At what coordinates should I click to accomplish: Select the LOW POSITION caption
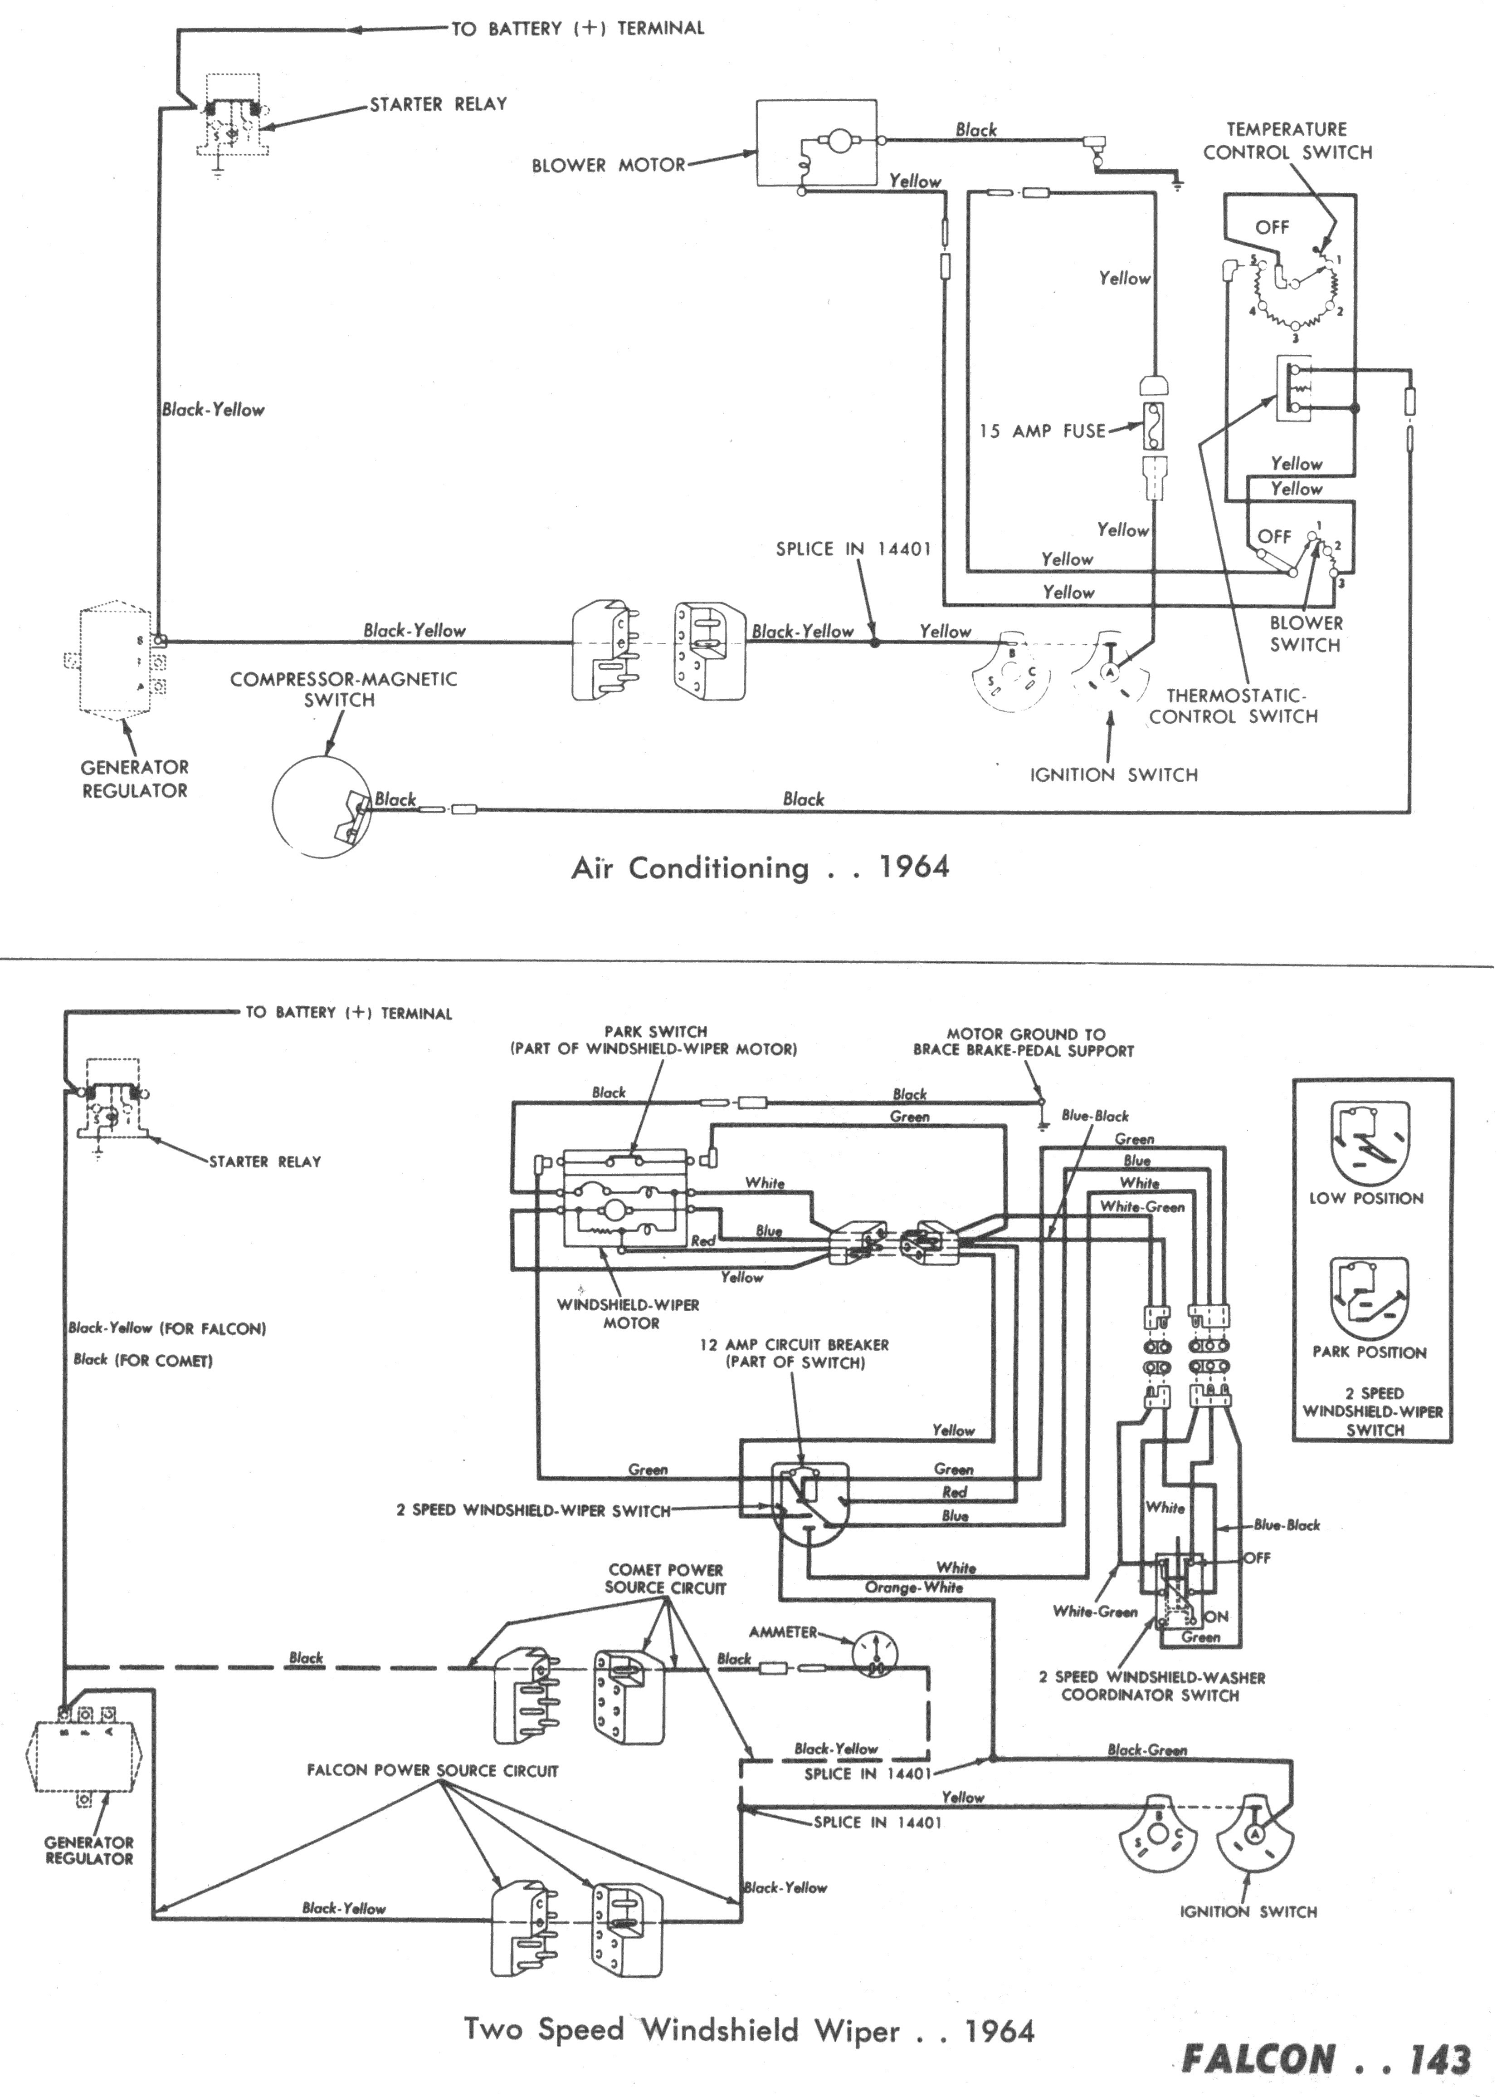tap(1366, 1199)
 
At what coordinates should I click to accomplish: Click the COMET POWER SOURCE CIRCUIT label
tap(666, 1579)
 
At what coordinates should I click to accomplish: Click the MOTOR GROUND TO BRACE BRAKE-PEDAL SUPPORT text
tap(1023, 1042)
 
